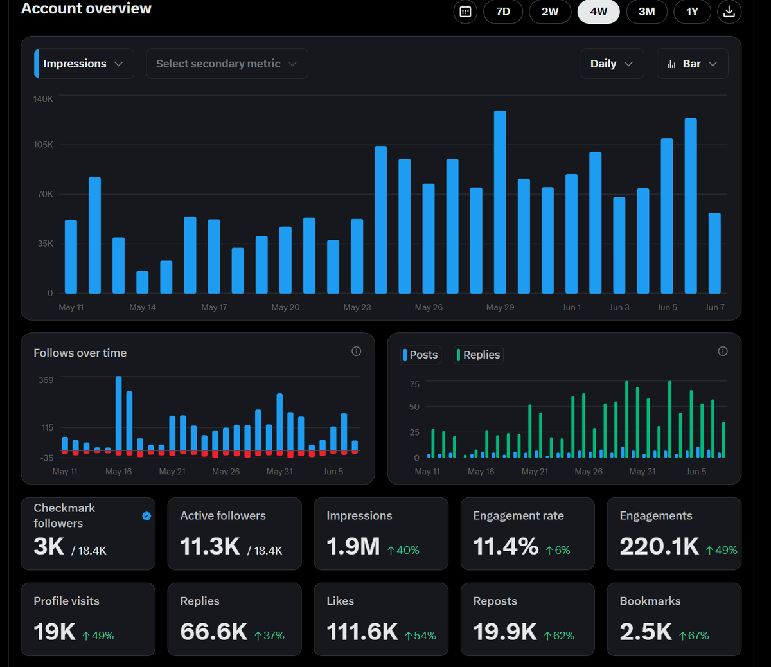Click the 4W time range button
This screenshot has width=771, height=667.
pos(598,12)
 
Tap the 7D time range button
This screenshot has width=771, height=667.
pos(503,12)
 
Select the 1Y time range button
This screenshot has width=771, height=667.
pos(692,12)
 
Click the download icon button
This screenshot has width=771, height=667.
pos(729,12)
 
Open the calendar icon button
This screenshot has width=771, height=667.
pos(465,12)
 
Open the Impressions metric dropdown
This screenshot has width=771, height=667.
pos(84,64)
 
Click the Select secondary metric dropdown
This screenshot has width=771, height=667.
pos(227,64)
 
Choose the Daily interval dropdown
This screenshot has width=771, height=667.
pos(612,64)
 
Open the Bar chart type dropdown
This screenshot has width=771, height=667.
pos(693,64)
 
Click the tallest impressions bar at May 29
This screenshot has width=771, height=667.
pos(500,202)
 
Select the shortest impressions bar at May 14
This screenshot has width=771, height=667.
pos(142,282)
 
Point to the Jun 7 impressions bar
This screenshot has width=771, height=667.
pos(714,253)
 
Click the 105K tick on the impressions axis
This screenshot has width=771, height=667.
pos(43,145)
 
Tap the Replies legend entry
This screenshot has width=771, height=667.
pos(478,355)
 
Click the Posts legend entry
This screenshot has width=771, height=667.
pos(421,355)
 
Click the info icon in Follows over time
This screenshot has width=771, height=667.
pos(356,351)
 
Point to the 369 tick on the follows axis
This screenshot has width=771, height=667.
pos(46,380)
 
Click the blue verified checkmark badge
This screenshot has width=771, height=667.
pos(146,516)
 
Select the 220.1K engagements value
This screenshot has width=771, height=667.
pos(659,546)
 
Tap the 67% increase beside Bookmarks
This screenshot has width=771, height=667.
pos(694,636)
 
